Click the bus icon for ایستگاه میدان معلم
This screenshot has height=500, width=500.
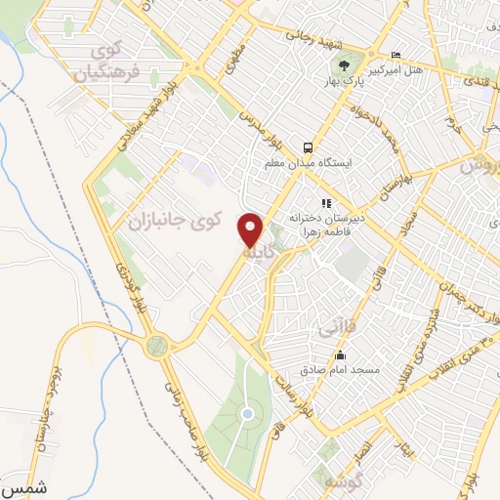pyautogui.click(x=307, y=146)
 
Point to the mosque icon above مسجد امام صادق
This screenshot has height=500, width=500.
pyautogui.click(x=339, y=354)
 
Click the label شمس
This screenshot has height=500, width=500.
pyautogui.click(x=23, y=485)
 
